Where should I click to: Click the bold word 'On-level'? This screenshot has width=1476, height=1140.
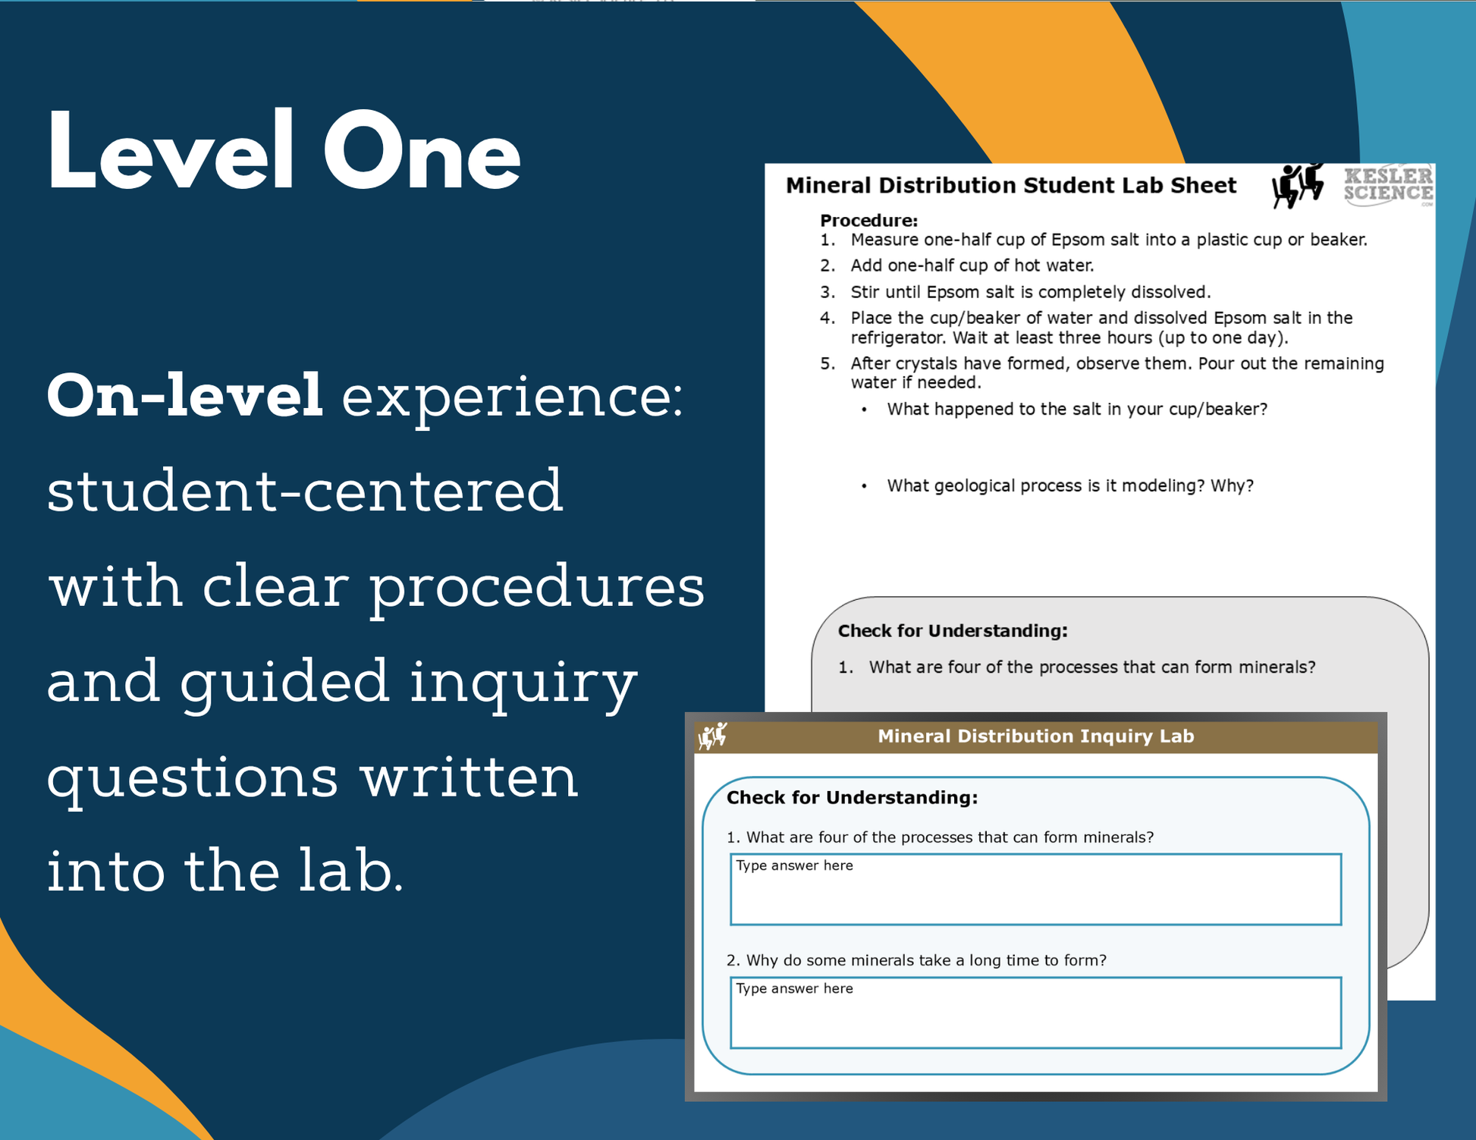[x=185, y=395]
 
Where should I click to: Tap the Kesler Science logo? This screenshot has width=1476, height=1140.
[x=1389, y=185]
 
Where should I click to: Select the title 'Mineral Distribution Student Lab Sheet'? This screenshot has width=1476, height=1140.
[x=1011, y=186]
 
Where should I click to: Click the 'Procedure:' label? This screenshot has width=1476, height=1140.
[x=868, y=221]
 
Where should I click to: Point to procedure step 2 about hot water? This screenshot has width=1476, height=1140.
[x=957, y=265]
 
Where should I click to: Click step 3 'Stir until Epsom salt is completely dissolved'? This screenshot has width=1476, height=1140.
[x=1016, y=292]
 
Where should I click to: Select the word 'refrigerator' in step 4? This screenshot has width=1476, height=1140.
[x=899, y=338]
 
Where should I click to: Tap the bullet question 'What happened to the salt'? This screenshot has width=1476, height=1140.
[x=1065, y=410]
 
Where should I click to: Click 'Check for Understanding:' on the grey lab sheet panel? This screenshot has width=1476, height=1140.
[x=953, y=631]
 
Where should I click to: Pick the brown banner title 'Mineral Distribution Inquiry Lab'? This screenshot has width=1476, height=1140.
[x=1036, y=736]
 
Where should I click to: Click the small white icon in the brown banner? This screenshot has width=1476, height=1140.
[x=713, y=736]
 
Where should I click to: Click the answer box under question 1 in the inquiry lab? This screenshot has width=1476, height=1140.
[x=1035, y=890]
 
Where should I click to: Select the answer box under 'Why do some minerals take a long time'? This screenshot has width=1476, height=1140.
[x=1035, y=1013]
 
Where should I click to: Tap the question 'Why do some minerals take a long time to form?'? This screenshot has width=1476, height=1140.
[x=916, y=960]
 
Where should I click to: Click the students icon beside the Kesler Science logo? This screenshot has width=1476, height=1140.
[x=1299, y=185]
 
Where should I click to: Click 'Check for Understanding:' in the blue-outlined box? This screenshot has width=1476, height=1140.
[x=853, y=798]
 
